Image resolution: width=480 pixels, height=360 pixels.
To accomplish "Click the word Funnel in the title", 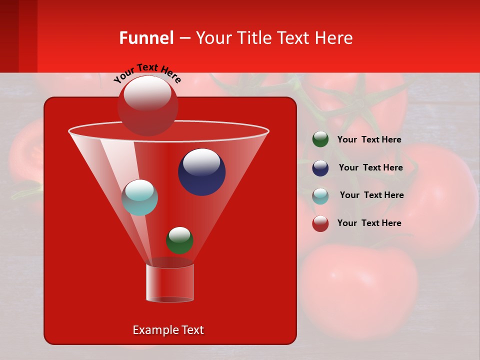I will [146, 38].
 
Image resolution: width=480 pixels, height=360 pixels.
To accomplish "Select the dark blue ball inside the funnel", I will [201, 172].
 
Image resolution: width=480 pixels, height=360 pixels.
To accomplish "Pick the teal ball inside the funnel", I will [140, 197].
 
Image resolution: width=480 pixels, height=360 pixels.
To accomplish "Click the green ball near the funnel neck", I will [179, 240].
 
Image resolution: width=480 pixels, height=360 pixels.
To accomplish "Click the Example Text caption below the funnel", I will [168, 330].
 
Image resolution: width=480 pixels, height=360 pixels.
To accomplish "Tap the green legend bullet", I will [320, 139].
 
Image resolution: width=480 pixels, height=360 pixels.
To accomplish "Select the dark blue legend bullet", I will [320, 168].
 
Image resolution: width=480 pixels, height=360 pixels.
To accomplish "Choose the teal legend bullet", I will [320, 196].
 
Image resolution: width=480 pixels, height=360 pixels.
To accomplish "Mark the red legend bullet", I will [320, 223].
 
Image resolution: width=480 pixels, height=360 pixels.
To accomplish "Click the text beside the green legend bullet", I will [369, 140].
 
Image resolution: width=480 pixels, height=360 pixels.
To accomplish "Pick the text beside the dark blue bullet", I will [370, 168].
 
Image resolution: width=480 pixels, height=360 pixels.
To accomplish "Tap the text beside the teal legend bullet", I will [371, 195].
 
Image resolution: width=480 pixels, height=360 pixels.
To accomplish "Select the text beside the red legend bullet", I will [369, 223].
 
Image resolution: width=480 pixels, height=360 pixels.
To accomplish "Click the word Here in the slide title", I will [334, 38].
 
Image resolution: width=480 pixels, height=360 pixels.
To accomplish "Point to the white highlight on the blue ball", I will [201, 162].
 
